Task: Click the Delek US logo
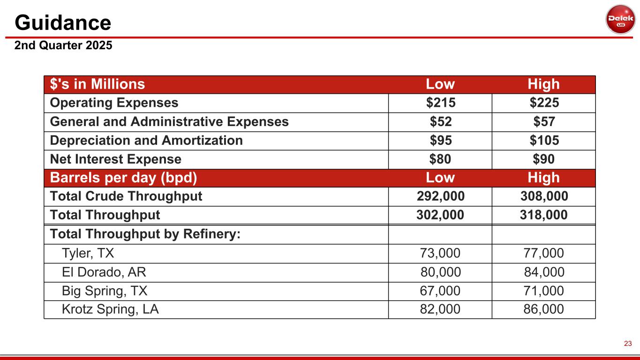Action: [x=620, y=19]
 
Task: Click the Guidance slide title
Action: [x=63, y=22]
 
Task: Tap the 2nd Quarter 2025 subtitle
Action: [x=63, y=46]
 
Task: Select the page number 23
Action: [x=628, y=344]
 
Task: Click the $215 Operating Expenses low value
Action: [x=440, y=103]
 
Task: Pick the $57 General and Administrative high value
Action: [x=544, y=122]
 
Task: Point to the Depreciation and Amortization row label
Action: [x=146, y=141]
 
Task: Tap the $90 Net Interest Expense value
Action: [x=544, y=159]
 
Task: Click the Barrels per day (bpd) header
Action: [x=123, y=178]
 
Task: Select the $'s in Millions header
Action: [x=98, y=84]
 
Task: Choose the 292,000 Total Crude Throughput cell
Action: [x=440, y=196]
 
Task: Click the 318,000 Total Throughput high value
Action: [x=544, y=215]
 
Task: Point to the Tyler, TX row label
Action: [x=88, y=254]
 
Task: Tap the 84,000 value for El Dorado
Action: [x=544, y=272]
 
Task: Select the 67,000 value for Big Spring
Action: [x=440, y=291]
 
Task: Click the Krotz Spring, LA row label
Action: [x=110, y=309]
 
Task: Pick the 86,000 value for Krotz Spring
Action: [x=544, y=309]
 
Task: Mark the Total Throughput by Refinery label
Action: [x=145, y=234]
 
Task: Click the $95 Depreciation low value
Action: [x=440, y=141]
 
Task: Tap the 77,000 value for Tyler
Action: [x=544, y=254]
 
